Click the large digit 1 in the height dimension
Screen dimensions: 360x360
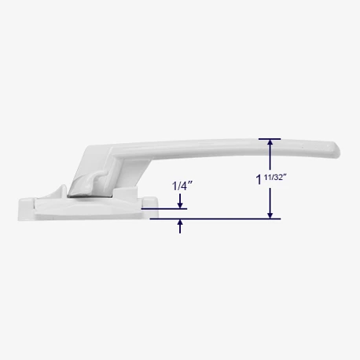pyautogui.click(x=259, y=180)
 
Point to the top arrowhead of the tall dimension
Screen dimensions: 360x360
pyautogui.click(x=270, y=143)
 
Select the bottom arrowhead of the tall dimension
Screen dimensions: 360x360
pyautogui.click(x=270, y=215)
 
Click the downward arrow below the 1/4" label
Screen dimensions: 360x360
pyautogui.click(x=180, y=201)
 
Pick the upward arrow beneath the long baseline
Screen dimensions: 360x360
pyautogui.click(x=180, y=226)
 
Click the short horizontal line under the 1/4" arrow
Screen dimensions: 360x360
pyautogui.click(x=164, y=209)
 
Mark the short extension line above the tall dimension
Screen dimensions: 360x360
pyautogui.click(x=270, y=139)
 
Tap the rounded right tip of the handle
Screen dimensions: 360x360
pyautogui.click(x=336, y=150)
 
